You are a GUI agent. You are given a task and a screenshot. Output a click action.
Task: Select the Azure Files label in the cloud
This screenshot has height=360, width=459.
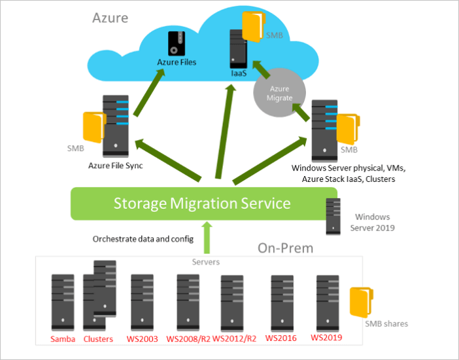pyautogui.click(x=177, y=63)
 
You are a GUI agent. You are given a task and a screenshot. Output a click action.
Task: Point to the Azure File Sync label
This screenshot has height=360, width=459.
pyautogui.click(x=115, y=166)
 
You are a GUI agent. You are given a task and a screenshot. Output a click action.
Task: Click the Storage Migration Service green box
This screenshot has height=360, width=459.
pyautogui.click(x=203, y=204)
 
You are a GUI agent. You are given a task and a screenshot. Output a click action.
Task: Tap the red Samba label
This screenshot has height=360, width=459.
pyautogui.click(x=63, y=339)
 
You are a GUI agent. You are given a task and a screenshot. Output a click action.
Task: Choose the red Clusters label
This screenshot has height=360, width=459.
pyautogui.click(x=99, y=339)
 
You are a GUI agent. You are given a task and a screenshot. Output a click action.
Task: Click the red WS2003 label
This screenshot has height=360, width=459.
pyautogui.click(x=142, y=339)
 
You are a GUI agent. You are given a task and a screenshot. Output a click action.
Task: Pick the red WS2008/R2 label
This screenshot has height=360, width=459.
pyautogui.click(x=188, y=339)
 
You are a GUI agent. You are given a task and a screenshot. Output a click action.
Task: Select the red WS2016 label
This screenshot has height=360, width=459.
pyautogui.click(x=282, y=338)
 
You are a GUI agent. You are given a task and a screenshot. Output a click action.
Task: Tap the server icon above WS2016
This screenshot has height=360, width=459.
pyautogui.click(x=282, y=302)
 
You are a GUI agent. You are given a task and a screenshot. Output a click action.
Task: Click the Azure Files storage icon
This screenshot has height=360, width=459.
pyautogui.click(x=176, y=43)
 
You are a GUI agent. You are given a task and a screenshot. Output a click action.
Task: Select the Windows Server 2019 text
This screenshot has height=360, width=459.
pyautogui.click(x=372, y=222)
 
